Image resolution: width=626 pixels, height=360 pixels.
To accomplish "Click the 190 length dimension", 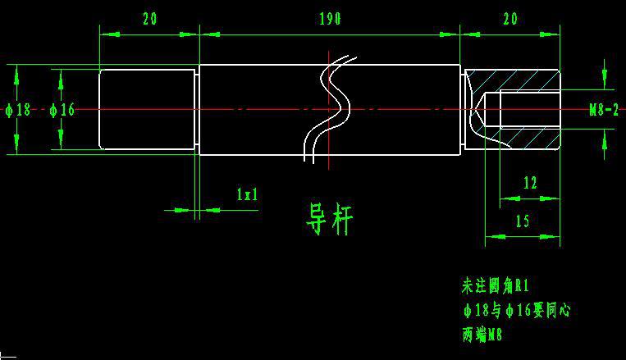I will click(x=328, y=19).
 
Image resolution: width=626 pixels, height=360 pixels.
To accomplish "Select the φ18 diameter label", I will click(x=18, y=109).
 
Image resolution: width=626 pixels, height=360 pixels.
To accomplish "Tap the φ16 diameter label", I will click(x=62, y=109).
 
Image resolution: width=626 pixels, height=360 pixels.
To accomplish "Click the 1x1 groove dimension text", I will click(x=247, y=194).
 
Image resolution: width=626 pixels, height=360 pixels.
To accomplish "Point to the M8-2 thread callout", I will click(x=604, y=109).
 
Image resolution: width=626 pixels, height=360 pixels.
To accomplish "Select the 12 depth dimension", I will click(x=529, y=182).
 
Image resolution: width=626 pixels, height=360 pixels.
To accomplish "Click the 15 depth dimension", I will click(x=522, y=221).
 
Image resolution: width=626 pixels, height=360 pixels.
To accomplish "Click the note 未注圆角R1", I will click(x=496, y=286).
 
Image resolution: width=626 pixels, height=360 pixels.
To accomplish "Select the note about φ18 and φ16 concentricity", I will click(x=516, y=311).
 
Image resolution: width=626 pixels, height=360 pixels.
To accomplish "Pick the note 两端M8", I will click(x=482, y=335).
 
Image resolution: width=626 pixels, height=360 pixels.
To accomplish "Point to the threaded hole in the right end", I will click(x=525, y=109).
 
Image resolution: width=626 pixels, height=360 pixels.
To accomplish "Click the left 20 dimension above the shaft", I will click(x=149, y=19).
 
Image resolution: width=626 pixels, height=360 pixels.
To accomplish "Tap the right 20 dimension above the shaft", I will click(x=509, y=19).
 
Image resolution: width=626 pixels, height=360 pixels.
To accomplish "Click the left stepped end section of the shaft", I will click(x=148, y=109).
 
